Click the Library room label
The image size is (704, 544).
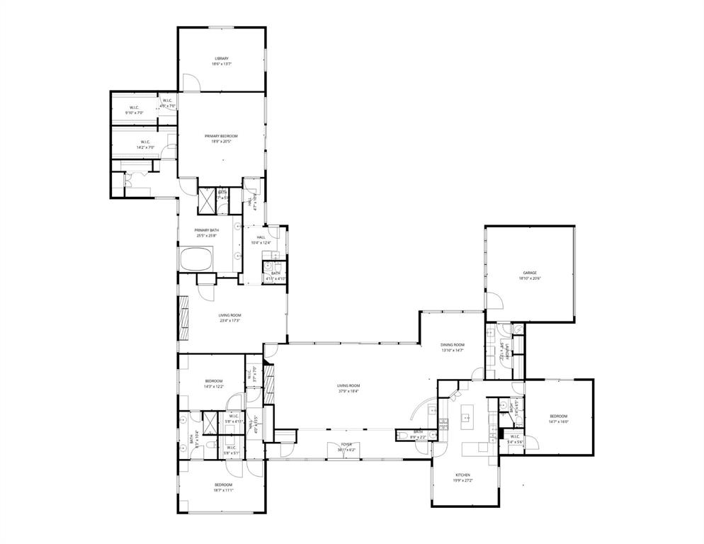[222, 58]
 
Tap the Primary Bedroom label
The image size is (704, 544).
[222, 135]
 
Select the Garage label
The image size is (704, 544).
[529, 273]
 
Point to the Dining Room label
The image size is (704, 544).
[453, 344]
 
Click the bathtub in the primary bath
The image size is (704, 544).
[198, 259]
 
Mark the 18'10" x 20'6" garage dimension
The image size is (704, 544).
[529, 278]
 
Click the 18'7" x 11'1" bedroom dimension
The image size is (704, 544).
[223, 490]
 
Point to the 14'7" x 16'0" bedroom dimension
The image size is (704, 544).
[558, 421]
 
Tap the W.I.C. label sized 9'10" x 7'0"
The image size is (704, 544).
[134, 113]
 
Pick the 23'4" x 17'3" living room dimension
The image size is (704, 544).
[229, 321]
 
